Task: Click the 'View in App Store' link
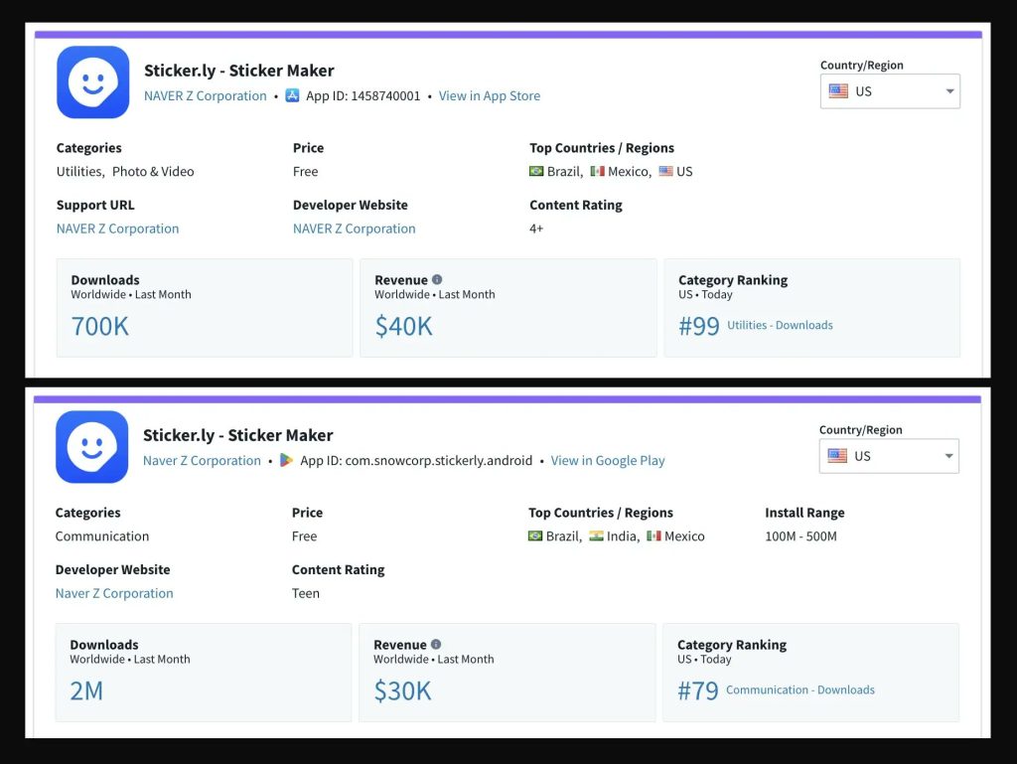click(x=490, y=96)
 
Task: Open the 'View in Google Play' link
click(x=608, y=461)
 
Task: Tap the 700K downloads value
click(x=100, y=326)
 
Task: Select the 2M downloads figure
click(x=86, y=690)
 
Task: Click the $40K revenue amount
click(x=403, y=326)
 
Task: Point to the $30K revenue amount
click(x=402, y=690)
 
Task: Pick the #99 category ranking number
click(x=699, y=326)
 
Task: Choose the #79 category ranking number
click(x=698, y=690)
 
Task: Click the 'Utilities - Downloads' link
click(x=780, y=326)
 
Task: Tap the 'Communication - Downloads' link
click(x=800, y=690)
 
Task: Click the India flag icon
click(x=596, y=536)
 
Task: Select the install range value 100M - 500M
click(x=800, y=536)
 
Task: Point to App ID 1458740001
click(x=363, y=96)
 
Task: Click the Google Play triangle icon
click(x=286, y=461)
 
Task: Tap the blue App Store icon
click(x=292, y=96)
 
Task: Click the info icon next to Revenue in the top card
click(x=437, y=280)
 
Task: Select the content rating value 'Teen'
click(x=306, y=593)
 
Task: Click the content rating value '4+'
click(x=536, y=229)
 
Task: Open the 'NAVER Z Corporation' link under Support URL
click(x=118, y=229)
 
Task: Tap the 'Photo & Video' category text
click(x=153, y=172)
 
